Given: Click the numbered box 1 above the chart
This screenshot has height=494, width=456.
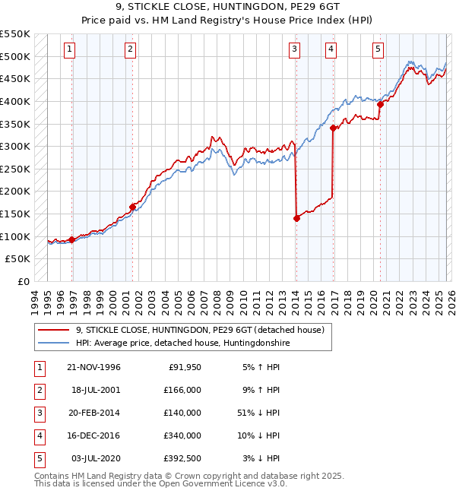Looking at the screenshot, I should pyautogui.click(x=69, y=49).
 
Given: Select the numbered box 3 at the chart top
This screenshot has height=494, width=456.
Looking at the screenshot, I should pyautogui.click(x=294, y=49).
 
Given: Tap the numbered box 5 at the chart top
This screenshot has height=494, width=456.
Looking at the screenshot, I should pyautogui.click(x=378, y=49).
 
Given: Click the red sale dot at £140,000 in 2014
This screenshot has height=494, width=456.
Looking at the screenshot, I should pyautogui.click(x=296, y=218).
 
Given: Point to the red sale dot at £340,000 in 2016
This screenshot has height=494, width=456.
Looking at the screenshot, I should pyautogui.click(x=333, y=128).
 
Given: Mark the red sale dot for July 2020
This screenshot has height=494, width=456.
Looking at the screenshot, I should pyautogui.click(x=380, y=105).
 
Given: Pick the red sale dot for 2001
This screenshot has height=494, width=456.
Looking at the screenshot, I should pyautogui.click(x=132, y=206).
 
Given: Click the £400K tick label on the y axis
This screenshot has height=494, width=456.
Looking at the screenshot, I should pyautogui.click(x=15, y=101).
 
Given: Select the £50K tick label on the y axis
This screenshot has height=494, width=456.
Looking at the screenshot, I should pyautogui.click(x=18, y=259).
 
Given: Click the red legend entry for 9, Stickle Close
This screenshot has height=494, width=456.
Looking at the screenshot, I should pyautogui.click(x=200, y=330).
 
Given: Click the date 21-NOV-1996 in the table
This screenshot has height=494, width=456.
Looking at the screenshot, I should pyautogui.click(x=93, y=367).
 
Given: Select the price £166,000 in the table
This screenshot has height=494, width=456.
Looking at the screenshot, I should pyautogui.click(x=182, y=390).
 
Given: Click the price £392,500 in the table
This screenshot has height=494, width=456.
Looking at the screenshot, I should pyautogui.click(x=182, y=458).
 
